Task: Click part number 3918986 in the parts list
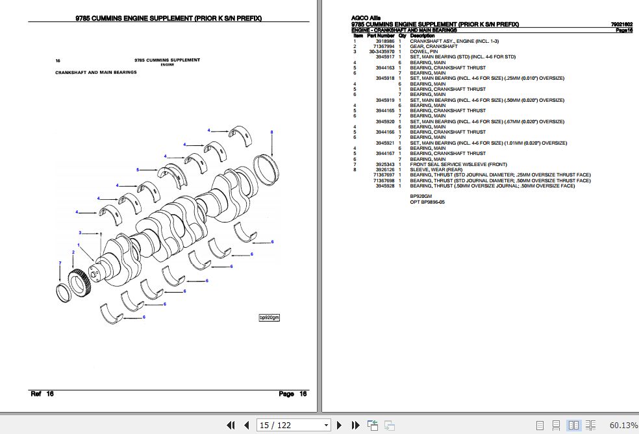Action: (x=385, y=41)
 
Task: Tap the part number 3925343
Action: (x=385, y=164)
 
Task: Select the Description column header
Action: (x=422, y=36)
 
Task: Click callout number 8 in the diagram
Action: (x=271, y=132)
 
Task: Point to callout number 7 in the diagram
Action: (x=60, y=263)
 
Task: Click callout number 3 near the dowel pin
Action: (x=81, y=232)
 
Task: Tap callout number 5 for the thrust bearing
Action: (x=138, y=170)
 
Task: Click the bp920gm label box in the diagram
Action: (x=269, y=317)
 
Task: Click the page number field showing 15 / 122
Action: (x=294, y=425)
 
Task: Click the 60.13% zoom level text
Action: (x=623, y=425)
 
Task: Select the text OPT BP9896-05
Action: (x=427, y=202)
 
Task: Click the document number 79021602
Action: (x=621, y=25)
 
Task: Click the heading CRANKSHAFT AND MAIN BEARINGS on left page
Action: (x=96, y=73)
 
